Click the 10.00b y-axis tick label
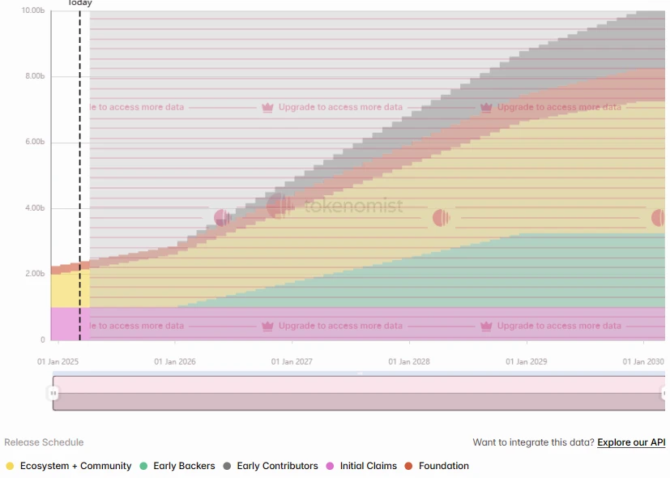[x=32, y=11]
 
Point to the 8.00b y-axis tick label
[x=35, y=76]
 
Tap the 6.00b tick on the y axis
[x=35, y=142]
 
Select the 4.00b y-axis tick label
[x=35, y=208]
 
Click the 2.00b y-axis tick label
[x=35, y=274]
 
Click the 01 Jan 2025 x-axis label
[x=58, y=362]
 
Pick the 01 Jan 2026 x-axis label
[x=175, y=362]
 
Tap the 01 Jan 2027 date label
[x=292, y=362]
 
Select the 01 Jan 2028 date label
[x=409, y=362]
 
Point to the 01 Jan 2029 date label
[x=527, y=362]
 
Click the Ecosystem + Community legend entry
[x=75, y=466]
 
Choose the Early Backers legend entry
[x=184, y=466]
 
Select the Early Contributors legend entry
[x=277, y=466]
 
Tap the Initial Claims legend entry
[x=368, y=466]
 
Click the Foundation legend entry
[x=443, y=466]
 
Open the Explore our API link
[x=631, y=442]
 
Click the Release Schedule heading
[x=44, y=442]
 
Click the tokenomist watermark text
[x=353, y=206]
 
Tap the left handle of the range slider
[x=53, y=393]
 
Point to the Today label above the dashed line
[x=79, y=3]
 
